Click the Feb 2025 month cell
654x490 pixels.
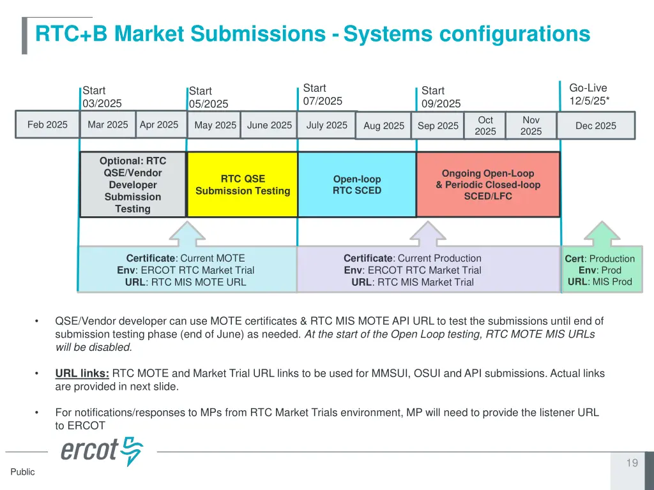pos(47,124)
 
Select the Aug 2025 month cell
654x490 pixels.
pos(384,126)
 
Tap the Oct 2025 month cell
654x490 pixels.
pos(485,126)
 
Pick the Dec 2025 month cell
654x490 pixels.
pos(596,126)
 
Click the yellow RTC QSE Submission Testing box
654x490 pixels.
pos(243,184)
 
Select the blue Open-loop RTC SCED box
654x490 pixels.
pos(357,184)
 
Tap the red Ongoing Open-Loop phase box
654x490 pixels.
pos(488,184)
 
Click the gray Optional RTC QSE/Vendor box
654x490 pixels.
pos(133,184)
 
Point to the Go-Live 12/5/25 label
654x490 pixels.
pos(589,94)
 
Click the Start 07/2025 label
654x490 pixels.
pos(323,94)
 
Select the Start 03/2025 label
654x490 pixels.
pos(102,97)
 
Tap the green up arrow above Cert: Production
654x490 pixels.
pos(602,234)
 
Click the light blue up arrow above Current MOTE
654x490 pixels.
pos(187,234)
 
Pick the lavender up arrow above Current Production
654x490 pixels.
pos(427,234)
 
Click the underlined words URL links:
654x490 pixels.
pos(82,373)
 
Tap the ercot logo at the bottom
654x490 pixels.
pos(102,451)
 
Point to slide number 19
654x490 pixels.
pos(632,463)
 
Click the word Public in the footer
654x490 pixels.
pos(22,471)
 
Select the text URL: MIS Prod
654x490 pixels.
pos(600,281)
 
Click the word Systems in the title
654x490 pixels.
pos(388,34)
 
